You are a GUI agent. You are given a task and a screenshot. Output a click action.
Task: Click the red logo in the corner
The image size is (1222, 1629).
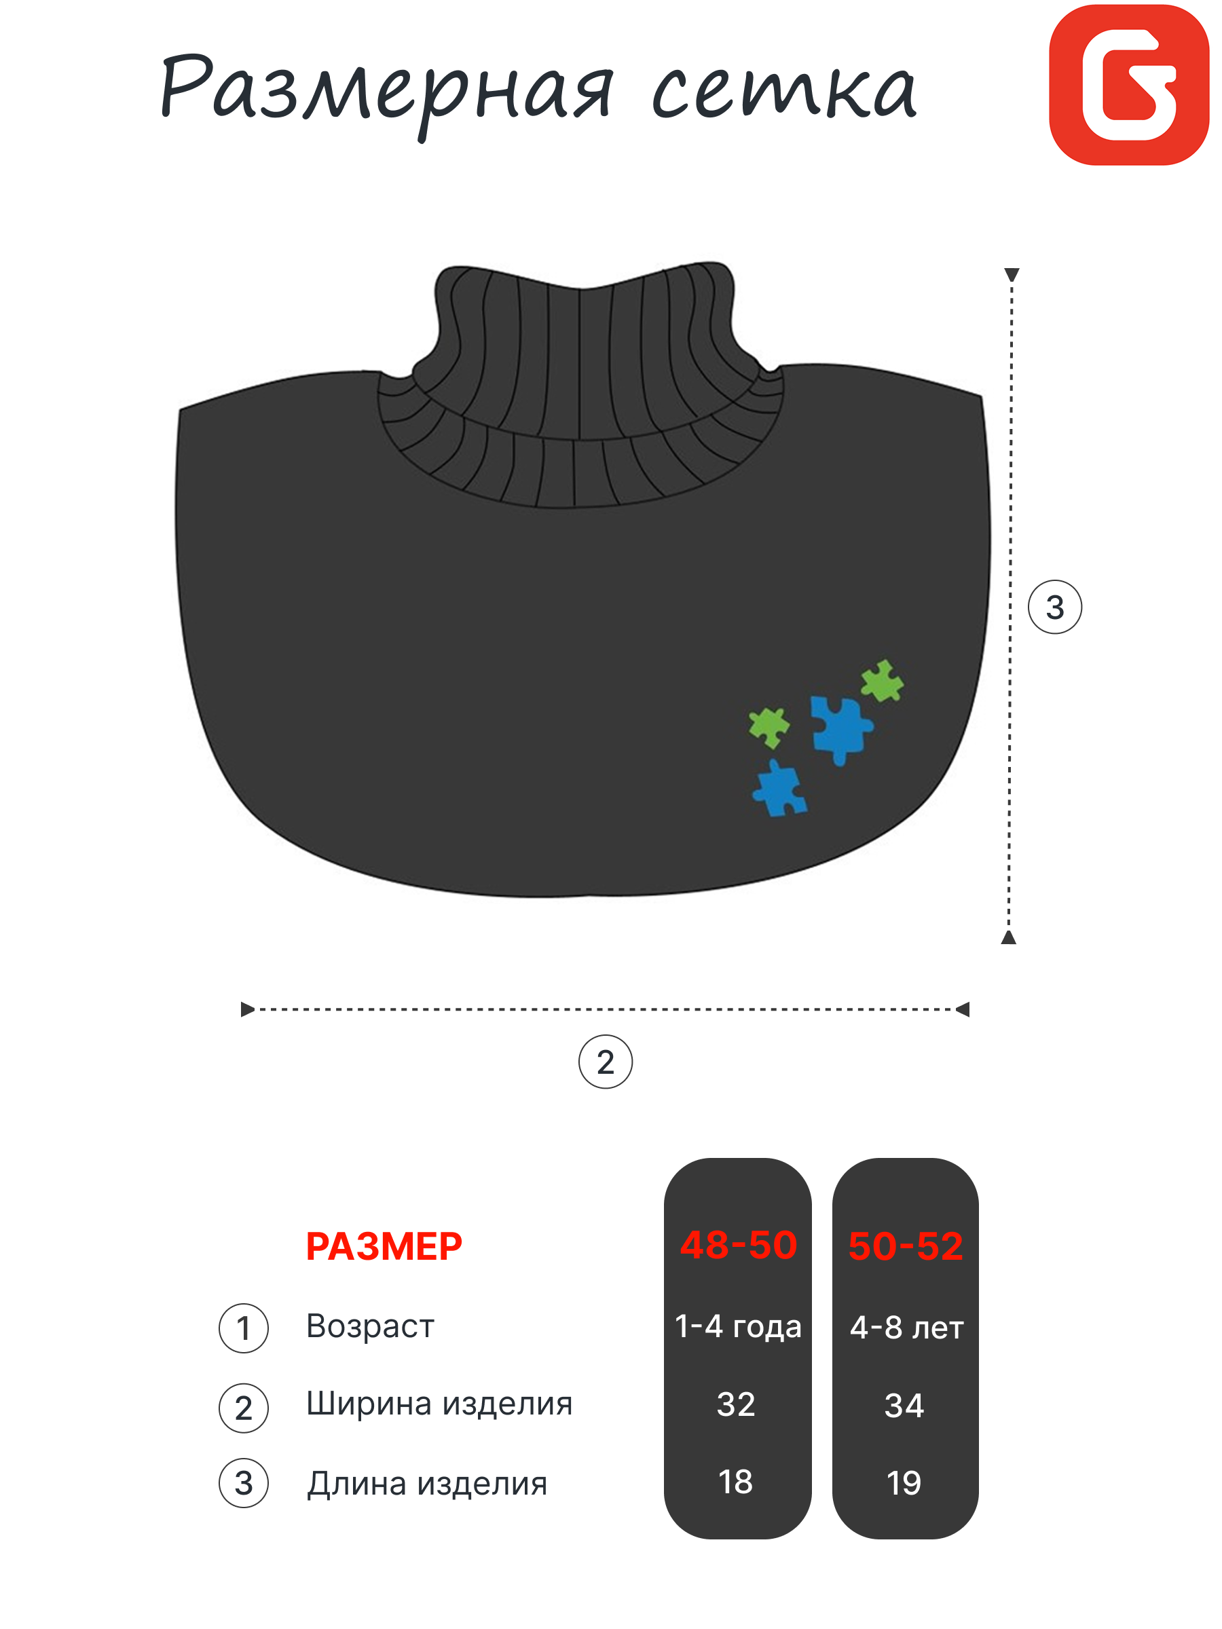[x=1128, y=85]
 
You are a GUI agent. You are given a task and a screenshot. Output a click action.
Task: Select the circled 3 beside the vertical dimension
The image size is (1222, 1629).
[x=1054, y=607]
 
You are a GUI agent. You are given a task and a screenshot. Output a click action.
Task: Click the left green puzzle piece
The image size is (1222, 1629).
[x=769, y=726]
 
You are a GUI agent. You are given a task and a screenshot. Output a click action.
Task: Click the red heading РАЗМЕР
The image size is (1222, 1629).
[x=384, y=1247]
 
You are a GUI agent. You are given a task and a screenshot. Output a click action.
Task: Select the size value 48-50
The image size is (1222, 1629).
[x=737, y=1246]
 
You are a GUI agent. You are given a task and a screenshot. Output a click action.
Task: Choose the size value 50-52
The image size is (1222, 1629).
[x=905, y=1247]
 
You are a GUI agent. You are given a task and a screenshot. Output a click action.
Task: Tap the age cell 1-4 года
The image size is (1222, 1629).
[x=737, y=1326]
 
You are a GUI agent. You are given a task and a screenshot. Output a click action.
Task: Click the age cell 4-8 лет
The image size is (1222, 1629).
[x=906, y=1328]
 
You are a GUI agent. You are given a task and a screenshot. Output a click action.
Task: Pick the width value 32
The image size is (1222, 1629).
[x=736, y=1404]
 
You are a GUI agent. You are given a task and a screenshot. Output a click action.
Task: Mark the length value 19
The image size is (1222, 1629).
[x=904, y=1483]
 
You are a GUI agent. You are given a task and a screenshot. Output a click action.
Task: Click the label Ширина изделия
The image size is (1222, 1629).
[x=439, y=1404]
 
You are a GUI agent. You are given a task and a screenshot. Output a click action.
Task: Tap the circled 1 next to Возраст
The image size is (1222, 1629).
[x=243, y=1328]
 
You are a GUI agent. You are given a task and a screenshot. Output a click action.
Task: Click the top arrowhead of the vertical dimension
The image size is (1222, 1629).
[x=1012, y=275]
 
